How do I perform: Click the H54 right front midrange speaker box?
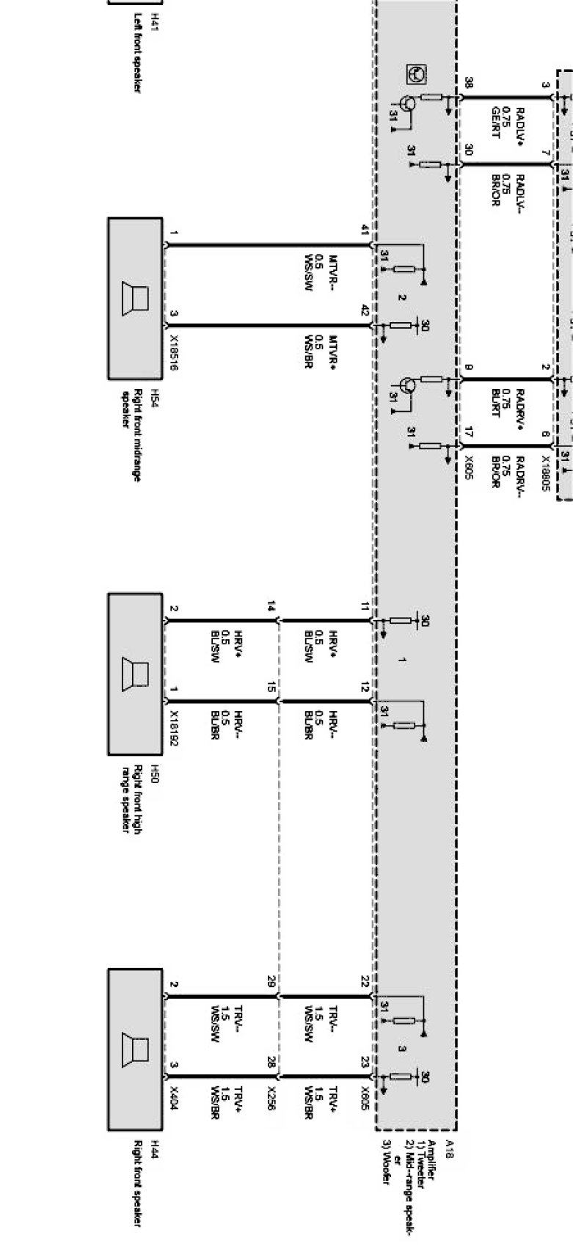[x=135, y=298]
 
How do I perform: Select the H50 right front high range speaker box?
[x=135, y=674]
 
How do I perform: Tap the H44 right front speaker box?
[x=135, y=1049]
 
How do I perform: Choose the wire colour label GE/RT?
[x=496, y=120]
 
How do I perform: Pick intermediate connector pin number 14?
[x=271, y=607]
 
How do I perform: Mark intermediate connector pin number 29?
[x=271, y=981]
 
